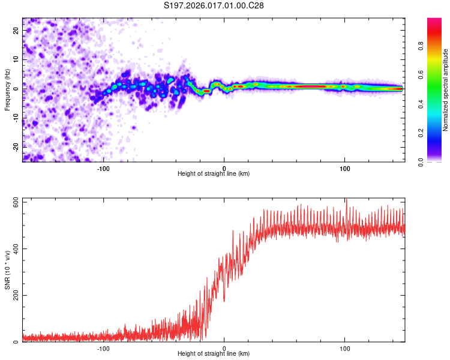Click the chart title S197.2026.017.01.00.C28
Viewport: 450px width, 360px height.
[x=214, y=5]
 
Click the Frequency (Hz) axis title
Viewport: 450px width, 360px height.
[x=7, y=90]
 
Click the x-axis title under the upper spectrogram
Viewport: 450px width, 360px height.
[x=214, y=174]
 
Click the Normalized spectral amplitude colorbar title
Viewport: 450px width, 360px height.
[x=445, y=90]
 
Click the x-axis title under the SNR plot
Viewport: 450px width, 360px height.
[x=214, y=354]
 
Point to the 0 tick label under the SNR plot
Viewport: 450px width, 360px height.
[x=224, y=348]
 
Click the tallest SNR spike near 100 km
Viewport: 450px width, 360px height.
[x=346, y=200]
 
